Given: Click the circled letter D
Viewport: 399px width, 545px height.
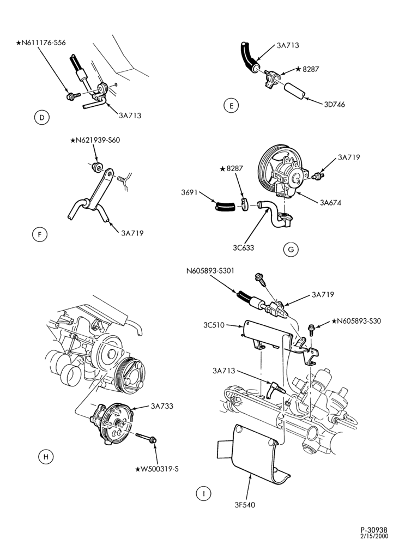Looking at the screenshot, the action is click(42, 117).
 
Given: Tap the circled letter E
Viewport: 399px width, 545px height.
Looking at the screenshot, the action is click(231, 105).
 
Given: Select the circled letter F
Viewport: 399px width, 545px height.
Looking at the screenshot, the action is click(40, 234).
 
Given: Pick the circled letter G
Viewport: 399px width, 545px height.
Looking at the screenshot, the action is click(291, 249).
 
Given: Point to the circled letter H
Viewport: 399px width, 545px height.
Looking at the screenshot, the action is click(46, 457).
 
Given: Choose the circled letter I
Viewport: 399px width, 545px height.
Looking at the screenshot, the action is click(204, 493).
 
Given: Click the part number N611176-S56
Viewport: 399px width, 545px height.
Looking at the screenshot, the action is click(41, 43).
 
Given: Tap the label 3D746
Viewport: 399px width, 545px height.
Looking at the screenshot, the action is click(334, 105).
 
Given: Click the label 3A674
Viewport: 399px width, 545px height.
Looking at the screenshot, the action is click(330, 203).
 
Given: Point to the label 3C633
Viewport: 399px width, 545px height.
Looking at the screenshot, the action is click(243, 248).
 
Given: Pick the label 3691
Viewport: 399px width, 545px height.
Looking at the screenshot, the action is click(189, 192).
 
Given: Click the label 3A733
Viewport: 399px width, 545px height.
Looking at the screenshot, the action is click(162, 406).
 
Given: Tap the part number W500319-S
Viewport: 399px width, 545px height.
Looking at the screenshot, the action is click(157, 469).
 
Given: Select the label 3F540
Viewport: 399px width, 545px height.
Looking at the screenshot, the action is click(244, 504).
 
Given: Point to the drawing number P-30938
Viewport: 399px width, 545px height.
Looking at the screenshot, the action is click(373, 530).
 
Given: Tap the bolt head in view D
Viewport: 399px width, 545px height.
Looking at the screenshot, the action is click(70, 96).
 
